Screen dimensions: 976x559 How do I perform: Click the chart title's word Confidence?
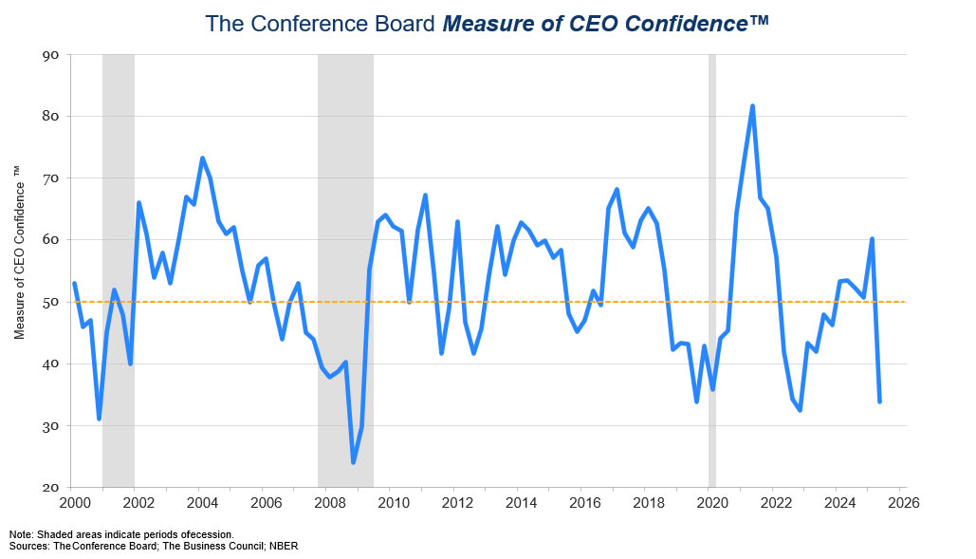pos(687,24)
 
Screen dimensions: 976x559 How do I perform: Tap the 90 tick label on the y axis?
pos(51,55)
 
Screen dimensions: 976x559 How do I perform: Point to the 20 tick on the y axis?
pos(51,488)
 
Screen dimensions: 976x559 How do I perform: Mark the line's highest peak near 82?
pos(752,106)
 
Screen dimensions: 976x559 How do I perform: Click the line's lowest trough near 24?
pos(354,462)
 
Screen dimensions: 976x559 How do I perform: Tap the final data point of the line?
pos(879,401)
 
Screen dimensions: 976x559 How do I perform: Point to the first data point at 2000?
pos(74,283)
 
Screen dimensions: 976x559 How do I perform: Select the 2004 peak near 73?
pos(202,158)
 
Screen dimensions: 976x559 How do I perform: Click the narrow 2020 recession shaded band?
pos(712,270)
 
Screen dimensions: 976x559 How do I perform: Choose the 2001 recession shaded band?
pos(119,270)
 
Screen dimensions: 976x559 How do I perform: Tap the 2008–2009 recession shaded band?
pos(345,270)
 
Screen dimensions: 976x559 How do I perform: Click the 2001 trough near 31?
pos(99,419)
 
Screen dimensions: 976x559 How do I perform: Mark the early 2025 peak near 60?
pos(872,239)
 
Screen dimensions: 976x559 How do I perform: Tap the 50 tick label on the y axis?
pos(51,303)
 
